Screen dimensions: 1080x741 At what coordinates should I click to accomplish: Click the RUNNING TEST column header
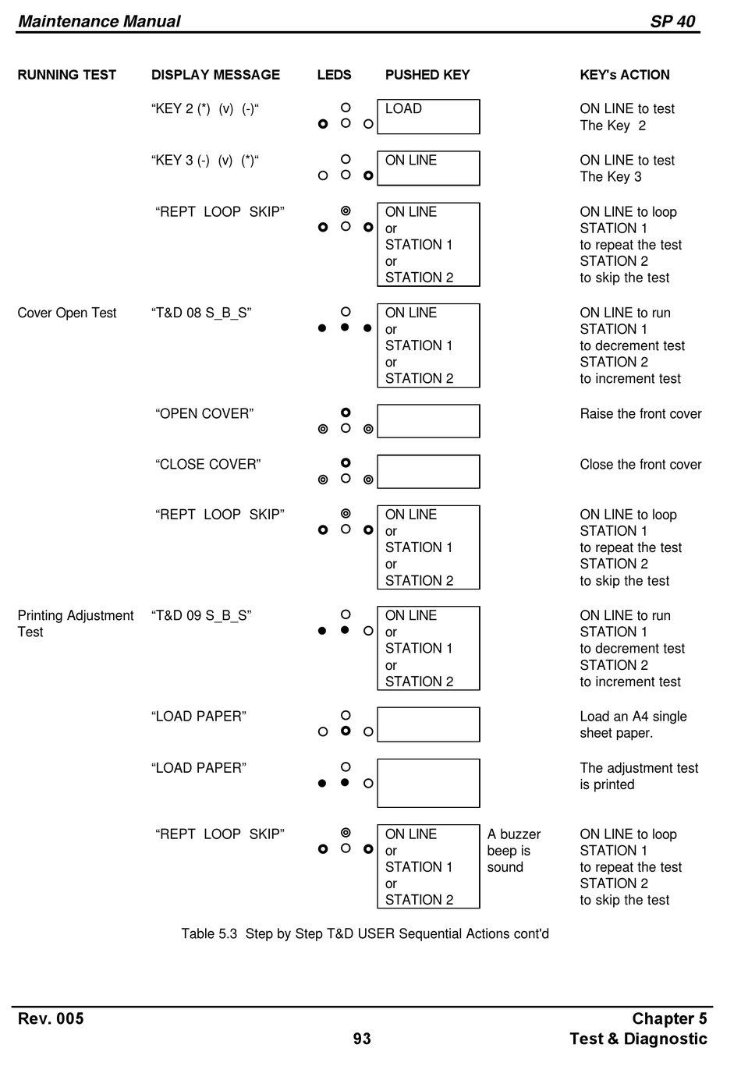(66, 75)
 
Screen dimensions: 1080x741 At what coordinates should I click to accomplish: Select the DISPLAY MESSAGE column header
(215, 75)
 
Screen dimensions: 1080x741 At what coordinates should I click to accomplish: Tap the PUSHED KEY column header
(427, 75)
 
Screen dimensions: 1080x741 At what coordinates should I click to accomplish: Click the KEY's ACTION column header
(624, 75)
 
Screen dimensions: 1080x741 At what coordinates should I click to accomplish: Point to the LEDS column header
(334, 75)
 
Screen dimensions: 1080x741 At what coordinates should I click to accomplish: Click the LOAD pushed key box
(428, 116)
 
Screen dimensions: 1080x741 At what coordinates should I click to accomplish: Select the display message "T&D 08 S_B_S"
(201, 313)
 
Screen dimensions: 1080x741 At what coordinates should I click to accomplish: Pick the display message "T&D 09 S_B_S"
(201, 615)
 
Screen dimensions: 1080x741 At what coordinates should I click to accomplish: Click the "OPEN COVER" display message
(204, 413)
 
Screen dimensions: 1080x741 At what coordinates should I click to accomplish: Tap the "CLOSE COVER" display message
(207, 464)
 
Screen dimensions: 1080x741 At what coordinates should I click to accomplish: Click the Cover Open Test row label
(67, 313)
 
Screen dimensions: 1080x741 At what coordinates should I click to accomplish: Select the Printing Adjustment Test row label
(75, 623)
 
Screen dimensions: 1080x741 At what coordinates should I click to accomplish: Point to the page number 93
(362, 1039)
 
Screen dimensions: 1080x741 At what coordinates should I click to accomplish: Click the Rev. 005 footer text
(51, 1018)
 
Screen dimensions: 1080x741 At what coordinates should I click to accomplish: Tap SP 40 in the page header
(672, 21)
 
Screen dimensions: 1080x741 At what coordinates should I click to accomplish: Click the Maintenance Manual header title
(99, 21)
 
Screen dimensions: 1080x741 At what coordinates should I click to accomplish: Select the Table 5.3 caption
(365, 933)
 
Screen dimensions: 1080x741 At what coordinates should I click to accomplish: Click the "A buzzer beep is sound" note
(513, 851)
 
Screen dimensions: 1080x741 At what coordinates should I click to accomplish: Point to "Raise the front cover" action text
(640, 413)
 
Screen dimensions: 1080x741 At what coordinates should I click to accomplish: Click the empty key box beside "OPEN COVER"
(428, 421)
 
